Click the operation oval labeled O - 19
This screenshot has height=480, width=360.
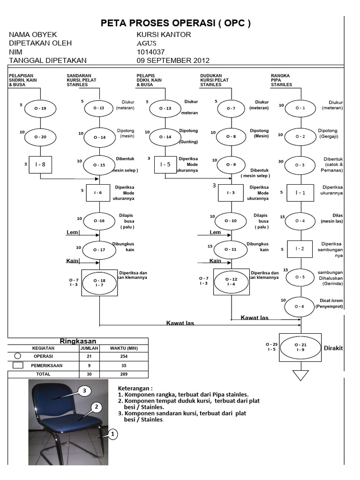point(40,108)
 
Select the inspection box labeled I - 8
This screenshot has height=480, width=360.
point(40,165)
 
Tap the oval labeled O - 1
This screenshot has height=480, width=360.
point(300,108)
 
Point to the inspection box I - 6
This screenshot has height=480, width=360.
point(98,193)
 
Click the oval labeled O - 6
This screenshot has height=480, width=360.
point(300,306)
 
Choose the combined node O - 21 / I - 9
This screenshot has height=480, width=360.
point(300,347)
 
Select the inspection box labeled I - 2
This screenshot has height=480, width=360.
point(300,249)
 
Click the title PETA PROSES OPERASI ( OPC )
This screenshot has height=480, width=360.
point(176,24)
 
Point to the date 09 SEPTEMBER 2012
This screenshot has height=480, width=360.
point(173,60)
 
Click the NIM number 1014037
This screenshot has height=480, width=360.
point(151,52)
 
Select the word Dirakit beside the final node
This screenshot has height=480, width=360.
point(333,348)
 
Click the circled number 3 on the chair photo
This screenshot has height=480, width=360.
point(85,390)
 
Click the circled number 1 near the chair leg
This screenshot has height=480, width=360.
point(112,435)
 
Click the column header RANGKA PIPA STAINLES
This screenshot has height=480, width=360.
point(281,80)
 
